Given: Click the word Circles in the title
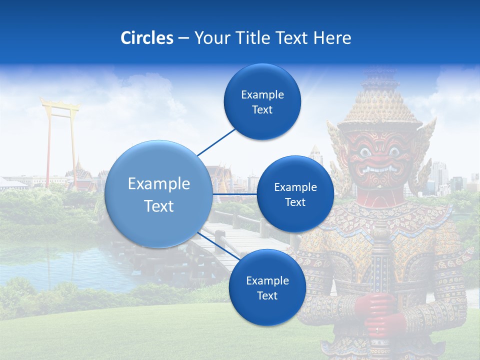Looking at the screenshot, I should point(147,38).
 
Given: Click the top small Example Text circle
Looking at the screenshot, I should point(262,102).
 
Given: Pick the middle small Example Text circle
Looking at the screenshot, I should point(295,194).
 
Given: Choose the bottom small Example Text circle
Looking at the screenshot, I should point(267,288).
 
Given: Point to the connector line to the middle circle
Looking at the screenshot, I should point(235,193).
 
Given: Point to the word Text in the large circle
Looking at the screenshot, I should point(158,206).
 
